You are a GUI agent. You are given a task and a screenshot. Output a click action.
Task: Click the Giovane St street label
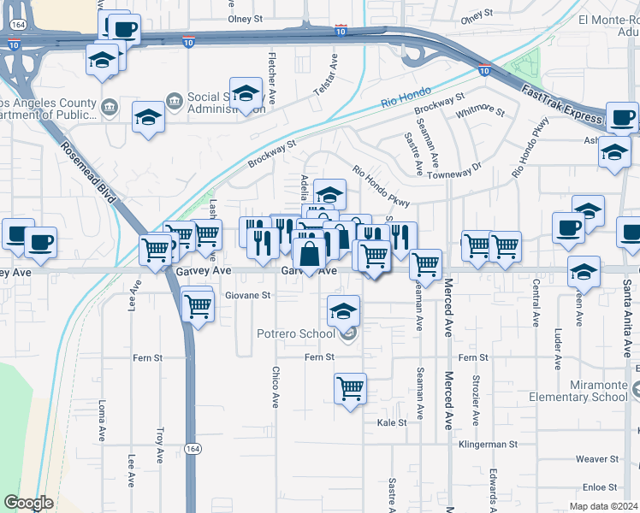pos(247,295)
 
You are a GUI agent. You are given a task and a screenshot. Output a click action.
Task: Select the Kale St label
pos(391,422)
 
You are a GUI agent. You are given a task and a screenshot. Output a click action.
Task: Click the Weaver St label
pos(590,459)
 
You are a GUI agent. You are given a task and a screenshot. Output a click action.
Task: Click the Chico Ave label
pos(276,387)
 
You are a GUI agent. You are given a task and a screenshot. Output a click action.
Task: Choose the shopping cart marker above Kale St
pos(351,390)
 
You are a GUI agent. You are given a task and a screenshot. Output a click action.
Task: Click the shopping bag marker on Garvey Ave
pos(309,254)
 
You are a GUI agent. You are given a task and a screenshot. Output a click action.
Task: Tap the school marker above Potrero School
pos(344,310)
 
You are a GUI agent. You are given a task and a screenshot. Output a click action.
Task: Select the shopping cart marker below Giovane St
pos(198,305)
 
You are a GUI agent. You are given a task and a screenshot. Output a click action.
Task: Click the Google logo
pos(28,504)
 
